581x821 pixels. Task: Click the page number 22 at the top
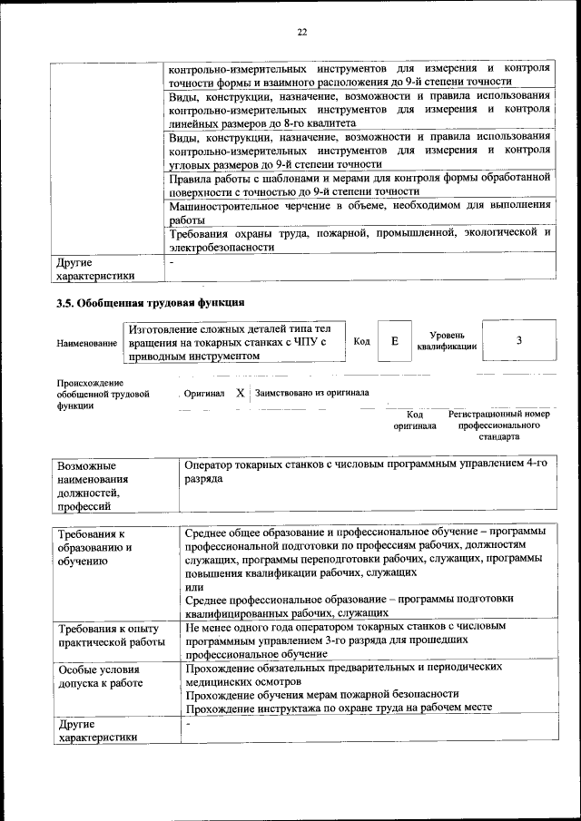302,32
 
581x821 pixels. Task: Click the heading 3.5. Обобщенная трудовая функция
150,302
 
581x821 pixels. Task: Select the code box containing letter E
394,341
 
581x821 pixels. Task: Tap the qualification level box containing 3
518,341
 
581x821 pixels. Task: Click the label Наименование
86,343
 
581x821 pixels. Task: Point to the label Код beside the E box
361,341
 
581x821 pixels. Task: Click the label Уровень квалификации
447,341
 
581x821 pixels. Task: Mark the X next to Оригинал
240,394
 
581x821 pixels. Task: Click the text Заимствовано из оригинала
312,394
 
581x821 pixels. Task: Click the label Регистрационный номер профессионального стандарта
499,425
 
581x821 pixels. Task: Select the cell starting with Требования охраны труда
359,239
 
